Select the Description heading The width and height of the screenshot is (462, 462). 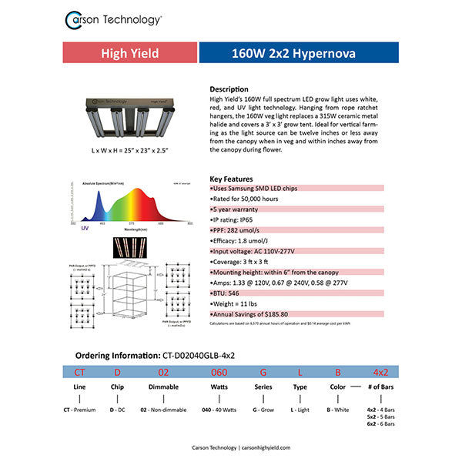tap(229, 89)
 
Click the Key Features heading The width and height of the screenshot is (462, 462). tap(231, 179)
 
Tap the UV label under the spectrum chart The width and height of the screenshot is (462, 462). tap(74, 229)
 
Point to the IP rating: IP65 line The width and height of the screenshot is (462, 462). tap(234, 220)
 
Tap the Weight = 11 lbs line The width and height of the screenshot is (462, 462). tap(234, 304)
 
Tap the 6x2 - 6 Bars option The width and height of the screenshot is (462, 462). tap(382, 424)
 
